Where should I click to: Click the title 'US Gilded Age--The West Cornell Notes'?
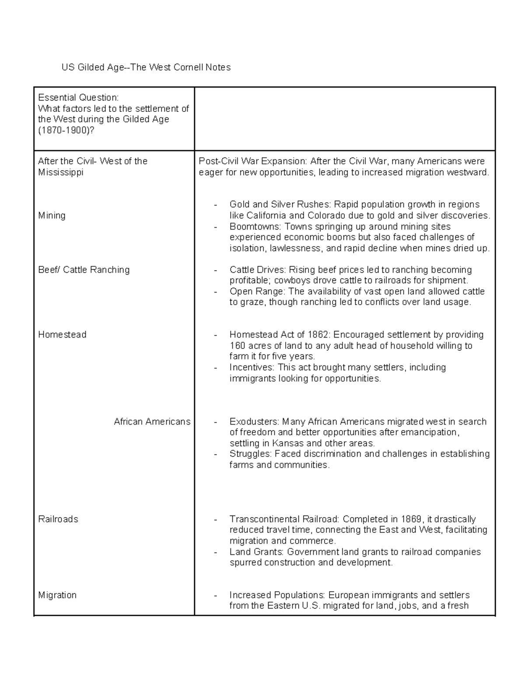click(146, 67)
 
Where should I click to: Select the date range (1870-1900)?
click(66, 130)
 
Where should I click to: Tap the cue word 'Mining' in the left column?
click(52, 216)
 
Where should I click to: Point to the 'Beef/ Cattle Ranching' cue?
click(84, 270)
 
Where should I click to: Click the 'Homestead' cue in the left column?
click(62, 334)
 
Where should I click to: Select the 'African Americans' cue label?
click(152, 421)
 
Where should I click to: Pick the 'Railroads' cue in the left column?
click(58, 519)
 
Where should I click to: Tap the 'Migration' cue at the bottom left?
click(57, 595)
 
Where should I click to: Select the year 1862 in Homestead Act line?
click(319, 334)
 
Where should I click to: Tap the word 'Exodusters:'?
click(254, 421)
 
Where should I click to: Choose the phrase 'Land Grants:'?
click(256, 552)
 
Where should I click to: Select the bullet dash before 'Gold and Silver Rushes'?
click(215, 205)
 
